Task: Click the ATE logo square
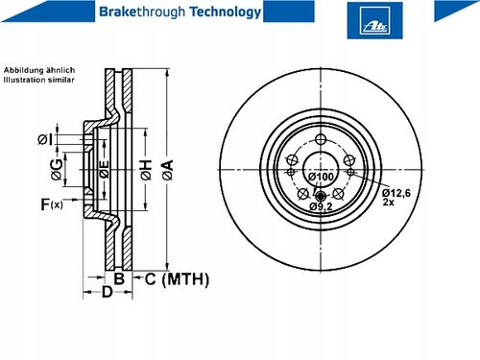click(x=374, y=20)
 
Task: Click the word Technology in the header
click(x=226, y=12)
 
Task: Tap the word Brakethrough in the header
click(x=142, y=12)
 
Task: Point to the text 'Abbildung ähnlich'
click(x=39, y=70)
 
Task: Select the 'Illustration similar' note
click(x=38, y=80)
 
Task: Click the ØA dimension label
click(x=167, y=170)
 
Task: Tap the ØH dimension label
click(x=146, y=170)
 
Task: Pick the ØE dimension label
click(x=104, y=169)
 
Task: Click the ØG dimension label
click(x=57, y=169)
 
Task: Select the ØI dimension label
click(x=45, y=139)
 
